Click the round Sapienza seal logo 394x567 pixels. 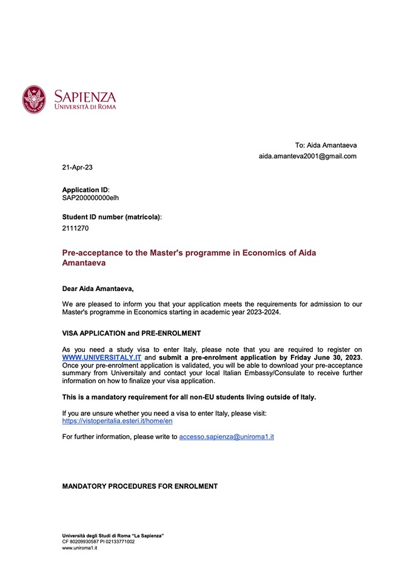point(35,99)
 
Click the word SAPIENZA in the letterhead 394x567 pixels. point(85,96)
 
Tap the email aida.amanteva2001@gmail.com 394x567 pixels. point(307,156)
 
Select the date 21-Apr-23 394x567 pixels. point(77,167)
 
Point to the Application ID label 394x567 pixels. point(85,190)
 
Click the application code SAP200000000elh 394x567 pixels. point(91,198)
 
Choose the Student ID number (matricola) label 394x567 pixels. point(112,216)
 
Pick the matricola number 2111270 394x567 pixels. point(75,229)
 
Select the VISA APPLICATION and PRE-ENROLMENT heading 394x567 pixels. point(132,333)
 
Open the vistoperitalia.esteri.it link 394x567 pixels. point(118,421)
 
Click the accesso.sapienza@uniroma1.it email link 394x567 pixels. point(227,437)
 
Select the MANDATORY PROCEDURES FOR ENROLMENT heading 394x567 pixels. point(140,486)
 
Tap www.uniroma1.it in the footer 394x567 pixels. point(76,548)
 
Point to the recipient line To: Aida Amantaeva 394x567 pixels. point(326,146)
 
